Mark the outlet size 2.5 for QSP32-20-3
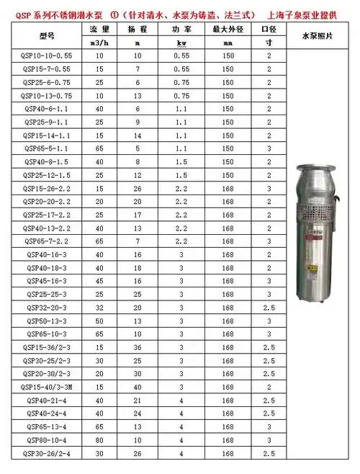pos(269,308)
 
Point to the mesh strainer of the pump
pos(318,215)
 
